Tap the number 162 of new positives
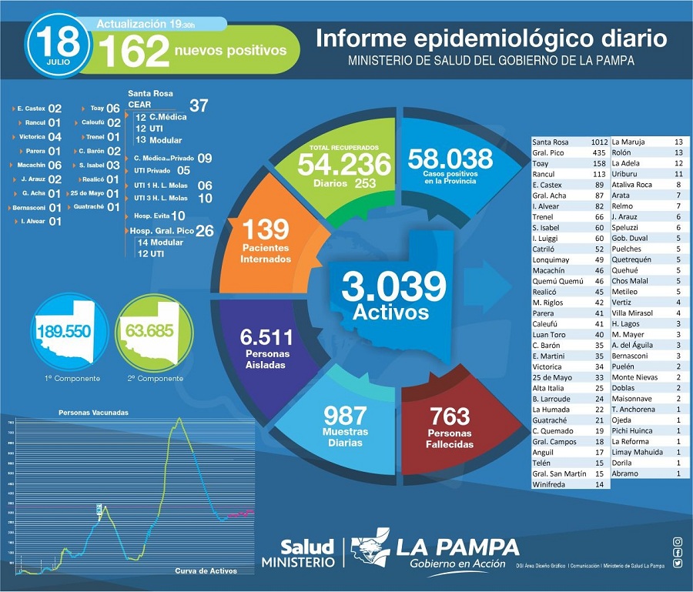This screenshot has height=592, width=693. tap(133, 52)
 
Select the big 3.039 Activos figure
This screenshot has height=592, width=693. tap(393, 288)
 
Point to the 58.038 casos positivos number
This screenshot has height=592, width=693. tap(450, 159)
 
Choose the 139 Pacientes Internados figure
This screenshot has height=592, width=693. tap(265, 229)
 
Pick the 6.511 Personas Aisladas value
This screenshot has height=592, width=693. tap(266, 336)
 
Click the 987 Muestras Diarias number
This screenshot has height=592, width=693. tap(344, 416)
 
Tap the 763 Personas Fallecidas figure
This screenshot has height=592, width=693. tap(450, 416)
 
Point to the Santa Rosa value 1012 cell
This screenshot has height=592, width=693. tap(594, 142)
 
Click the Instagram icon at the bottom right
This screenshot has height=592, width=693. tap(677, 542)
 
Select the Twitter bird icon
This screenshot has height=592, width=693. tap(677, 563)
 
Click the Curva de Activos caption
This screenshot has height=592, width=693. tap(206, 570)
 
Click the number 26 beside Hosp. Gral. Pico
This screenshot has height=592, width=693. tap(205, 230)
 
